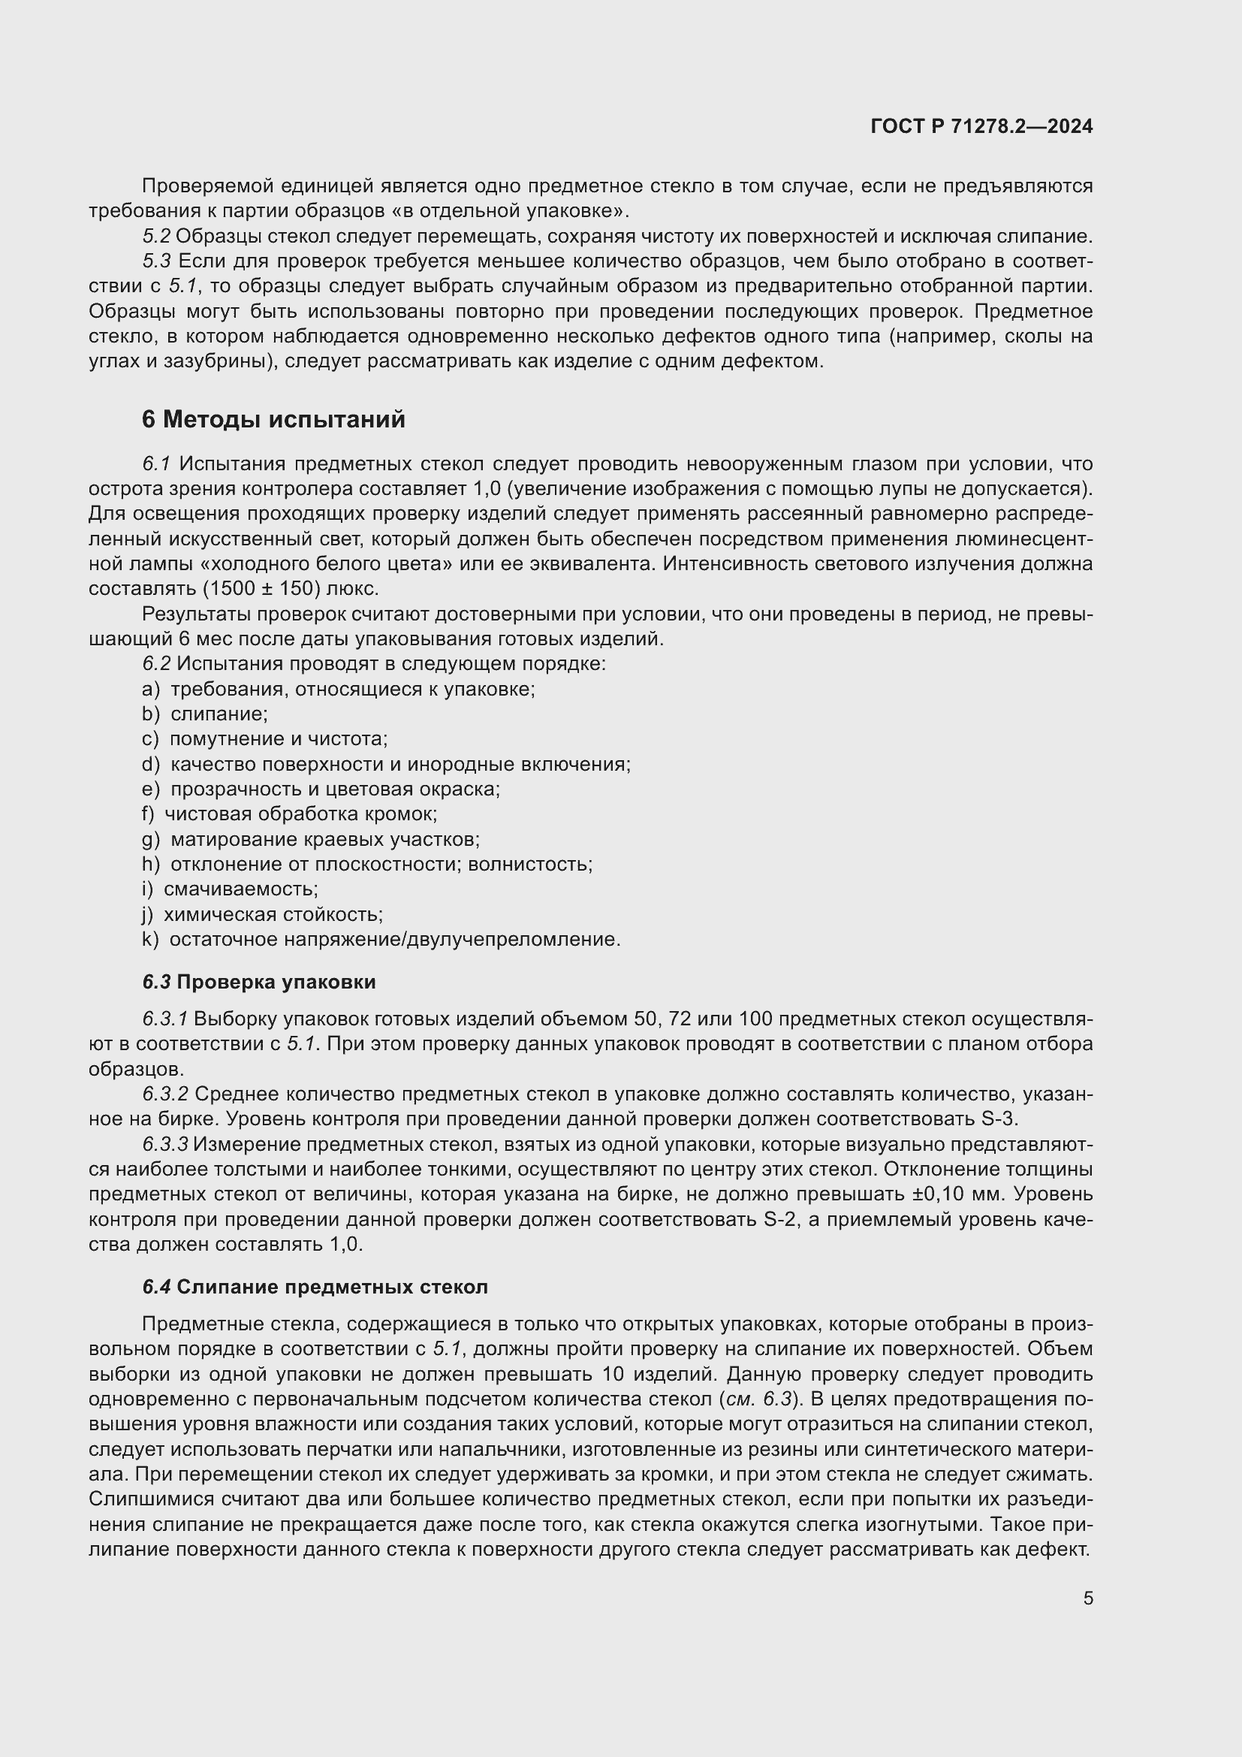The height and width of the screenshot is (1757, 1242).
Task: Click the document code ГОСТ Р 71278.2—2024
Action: (x=981, y=126)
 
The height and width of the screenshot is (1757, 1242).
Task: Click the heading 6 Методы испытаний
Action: (x=273, y=419)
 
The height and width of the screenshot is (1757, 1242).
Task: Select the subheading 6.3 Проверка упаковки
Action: (x=258, y=982)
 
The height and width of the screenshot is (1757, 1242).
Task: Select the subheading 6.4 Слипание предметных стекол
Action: (x=315, y=1288)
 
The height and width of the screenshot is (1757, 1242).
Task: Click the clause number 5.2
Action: (x=156, y=237)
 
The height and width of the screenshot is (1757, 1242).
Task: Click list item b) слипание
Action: (x=204, y=714)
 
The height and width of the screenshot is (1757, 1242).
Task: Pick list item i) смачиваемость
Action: (x=230, y=889)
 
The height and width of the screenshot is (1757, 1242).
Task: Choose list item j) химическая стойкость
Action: (x=262, y=914)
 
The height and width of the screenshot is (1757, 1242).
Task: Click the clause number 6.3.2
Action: (x=164, y=1094)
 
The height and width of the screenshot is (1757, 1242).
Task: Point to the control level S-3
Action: (x=999, y=1119)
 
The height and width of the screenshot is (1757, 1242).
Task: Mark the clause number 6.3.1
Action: (x=164, y=1019)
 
